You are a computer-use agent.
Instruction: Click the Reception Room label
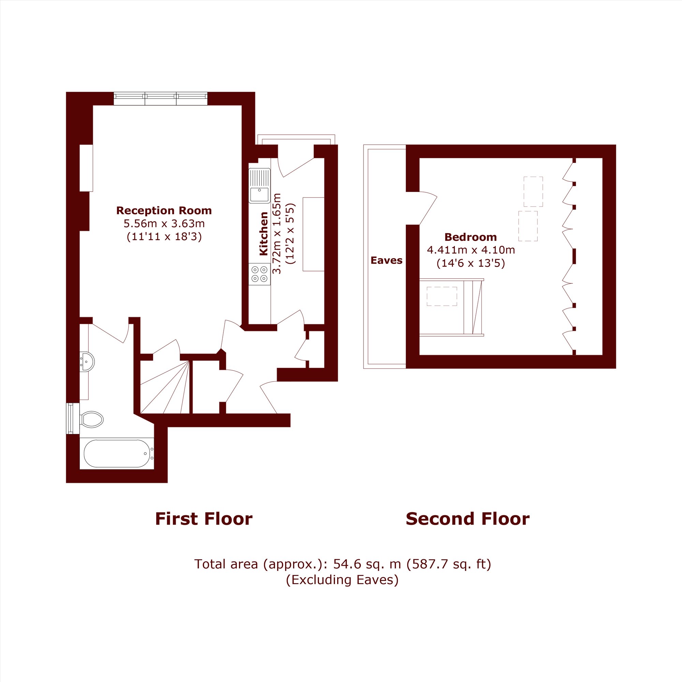point(164,211)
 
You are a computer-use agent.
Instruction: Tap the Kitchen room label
point(264,234)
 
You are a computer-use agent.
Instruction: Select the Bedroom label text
point(471,237)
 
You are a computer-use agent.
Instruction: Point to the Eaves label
point(387,261)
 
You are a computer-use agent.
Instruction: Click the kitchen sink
point(260,186)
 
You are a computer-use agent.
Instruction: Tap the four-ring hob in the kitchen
point(260,274)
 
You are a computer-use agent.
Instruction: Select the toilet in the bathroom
point(91,420)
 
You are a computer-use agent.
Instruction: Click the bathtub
point(117,454)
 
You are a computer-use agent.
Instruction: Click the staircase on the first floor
point(165,387)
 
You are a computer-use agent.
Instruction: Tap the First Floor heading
point(204,519)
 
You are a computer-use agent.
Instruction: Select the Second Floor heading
point(468,519)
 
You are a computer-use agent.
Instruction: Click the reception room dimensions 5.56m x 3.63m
point(164,223)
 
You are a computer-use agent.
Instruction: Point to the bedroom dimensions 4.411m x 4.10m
point(471,250)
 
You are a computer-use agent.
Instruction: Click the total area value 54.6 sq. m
point(367,564)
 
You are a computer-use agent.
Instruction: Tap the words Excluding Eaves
point(342,580)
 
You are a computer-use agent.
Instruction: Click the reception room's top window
point(161,99)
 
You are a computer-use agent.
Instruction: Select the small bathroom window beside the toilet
point(70,419)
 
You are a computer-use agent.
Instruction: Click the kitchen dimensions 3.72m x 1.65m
point(277,234)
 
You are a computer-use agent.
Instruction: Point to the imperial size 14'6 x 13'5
point(471,263)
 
